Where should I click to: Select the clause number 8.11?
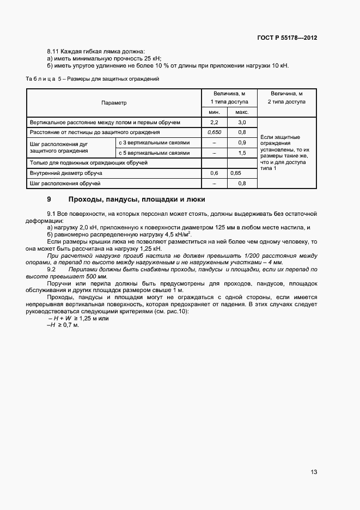54,51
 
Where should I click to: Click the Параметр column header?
113,102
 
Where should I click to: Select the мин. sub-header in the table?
213,112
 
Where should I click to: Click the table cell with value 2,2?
213,122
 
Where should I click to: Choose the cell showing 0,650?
213,132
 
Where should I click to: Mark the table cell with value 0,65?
236,173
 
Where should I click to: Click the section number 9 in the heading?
50,199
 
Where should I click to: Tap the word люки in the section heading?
195,199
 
